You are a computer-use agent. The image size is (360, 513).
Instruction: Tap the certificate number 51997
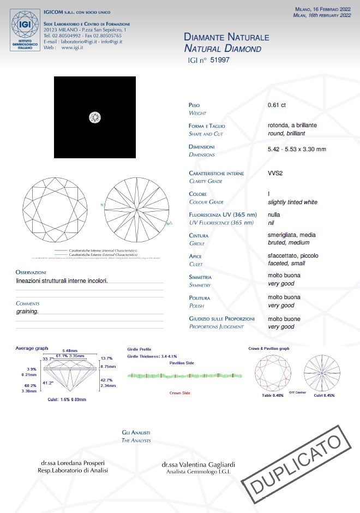pyautogui.click(x=220, y=61)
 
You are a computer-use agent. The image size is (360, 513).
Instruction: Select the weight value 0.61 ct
pyautogui.click(x=277, y=105)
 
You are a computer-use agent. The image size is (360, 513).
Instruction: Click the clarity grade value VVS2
pyautogui.click(x=276, y=173)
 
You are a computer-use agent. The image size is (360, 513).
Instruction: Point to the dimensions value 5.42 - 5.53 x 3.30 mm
pyautogui.click(x=297, y=149)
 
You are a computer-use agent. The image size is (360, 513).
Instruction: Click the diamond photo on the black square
pyautogui.click(x=95, y=117)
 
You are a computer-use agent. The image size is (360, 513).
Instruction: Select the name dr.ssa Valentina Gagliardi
pyautogui.click(x=199, y=464)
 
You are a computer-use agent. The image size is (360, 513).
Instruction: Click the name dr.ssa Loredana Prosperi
pyautogui.click(x=73, y=463)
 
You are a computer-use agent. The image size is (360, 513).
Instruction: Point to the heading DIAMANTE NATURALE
pyautogui.click(x=226, y=38)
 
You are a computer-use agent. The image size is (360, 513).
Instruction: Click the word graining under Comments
pyautogui.click(x=27, y=311)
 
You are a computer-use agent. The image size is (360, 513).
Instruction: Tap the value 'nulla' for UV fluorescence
pyautogui.click(x=274, y=214)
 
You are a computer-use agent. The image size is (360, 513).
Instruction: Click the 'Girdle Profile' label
pyautogui.click(x=139, y=349)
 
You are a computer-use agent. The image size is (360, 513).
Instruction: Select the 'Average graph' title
pyautogui.click(x=32, y=348)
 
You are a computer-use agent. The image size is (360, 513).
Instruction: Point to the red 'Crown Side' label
pyautogui.click(x=179, y=393)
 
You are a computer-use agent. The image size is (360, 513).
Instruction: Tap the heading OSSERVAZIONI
pyautogui.click(x=31, y=272)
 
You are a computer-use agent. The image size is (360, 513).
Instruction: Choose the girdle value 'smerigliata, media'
pyautogui.click(x=292, y=235)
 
